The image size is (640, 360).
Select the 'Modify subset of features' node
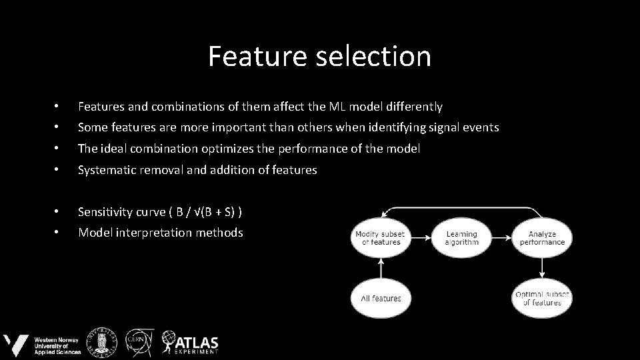pos(380,238)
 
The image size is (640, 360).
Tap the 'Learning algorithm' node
pos(461,238)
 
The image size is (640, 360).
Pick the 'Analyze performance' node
pos(542,238)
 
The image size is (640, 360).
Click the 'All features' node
pos(380,299)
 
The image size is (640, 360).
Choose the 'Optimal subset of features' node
pos(542,299)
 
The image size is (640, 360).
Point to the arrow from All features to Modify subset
pos(380,268)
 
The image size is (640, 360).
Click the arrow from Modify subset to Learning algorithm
pos(421,238)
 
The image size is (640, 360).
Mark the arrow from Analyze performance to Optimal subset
pos(542,268)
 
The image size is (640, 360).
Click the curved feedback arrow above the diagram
pos(460,208)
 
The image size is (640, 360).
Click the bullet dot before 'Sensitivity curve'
pos(57,212)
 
